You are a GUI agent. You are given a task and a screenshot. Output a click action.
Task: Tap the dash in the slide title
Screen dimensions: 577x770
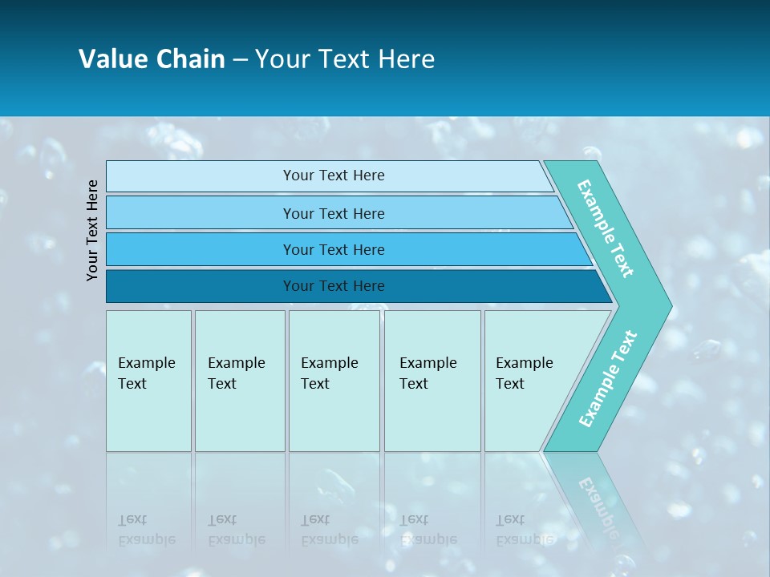(x=240, y=60)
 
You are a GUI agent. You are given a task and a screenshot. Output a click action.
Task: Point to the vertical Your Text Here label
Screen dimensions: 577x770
(x=92, y=230)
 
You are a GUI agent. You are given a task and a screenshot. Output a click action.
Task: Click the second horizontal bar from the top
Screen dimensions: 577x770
(x=334, y=213)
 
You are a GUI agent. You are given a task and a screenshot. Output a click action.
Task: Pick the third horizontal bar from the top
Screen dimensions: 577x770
(x=334, y=249)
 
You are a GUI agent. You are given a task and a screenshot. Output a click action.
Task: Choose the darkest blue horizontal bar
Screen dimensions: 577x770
(x=334, y=286)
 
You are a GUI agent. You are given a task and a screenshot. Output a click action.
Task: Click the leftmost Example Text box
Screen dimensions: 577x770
(x=148, y=381)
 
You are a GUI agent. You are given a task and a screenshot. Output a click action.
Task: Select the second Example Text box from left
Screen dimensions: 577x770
(x=240, y=381)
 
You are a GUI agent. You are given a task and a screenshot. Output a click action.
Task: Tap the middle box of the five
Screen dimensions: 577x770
(x=334, y=381)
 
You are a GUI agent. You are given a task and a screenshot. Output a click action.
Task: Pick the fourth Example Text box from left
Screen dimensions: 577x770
(x=432, y=381)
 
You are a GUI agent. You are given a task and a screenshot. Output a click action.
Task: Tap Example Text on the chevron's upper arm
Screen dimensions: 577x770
(x=606, y=228)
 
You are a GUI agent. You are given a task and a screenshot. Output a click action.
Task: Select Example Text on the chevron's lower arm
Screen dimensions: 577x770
(x=607, y=379)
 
